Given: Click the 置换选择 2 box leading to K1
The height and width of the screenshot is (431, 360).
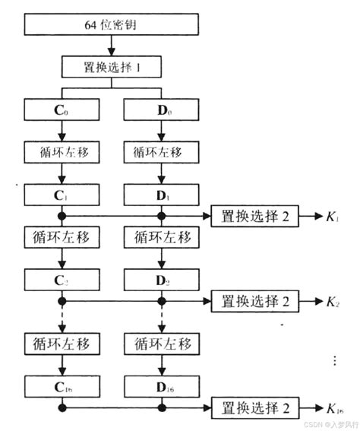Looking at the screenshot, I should (x=255, y=217).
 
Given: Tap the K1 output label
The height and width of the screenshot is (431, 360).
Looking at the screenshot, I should (x=332, y=217).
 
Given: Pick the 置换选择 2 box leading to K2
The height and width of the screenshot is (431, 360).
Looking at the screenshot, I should (x=255, y=301).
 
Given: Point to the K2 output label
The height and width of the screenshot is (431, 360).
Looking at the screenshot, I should (x=332, y=302).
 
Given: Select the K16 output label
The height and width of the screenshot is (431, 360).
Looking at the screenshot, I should (x=334, y=409).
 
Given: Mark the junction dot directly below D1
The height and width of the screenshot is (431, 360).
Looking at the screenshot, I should (x=160, y=217).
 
